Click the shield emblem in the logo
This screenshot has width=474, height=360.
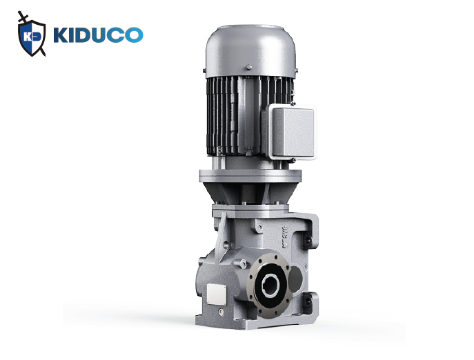coord(32,37)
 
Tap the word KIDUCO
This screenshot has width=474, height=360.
coord(98,35)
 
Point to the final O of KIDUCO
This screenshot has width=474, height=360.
coord(134,35)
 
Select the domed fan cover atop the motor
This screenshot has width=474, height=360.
coord(250,52)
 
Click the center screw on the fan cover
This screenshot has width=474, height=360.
coord(249,67)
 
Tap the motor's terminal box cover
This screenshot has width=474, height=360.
coord(293,132)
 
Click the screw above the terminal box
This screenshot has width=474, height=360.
coord(293,103)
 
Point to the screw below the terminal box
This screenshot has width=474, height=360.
coord(293,160)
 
